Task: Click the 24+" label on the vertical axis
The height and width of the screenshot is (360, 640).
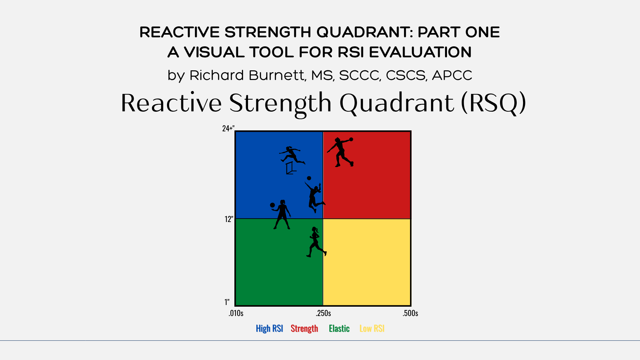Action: pos(228,128)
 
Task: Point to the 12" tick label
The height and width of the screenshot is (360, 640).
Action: pos(229,219)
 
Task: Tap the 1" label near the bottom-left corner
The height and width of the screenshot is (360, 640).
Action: pos(227,302)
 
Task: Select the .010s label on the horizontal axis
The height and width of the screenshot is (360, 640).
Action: pos(236,313)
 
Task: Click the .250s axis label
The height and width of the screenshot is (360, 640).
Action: pos(323,313)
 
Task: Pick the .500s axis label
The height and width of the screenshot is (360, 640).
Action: pos(410,313)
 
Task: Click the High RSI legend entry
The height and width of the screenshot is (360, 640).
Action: pos(269,328)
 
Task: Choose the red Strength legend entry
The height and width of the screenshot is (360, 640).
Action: pos(304,328)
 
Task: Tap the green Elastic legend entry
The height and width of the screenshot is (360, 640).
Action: pos(339,328)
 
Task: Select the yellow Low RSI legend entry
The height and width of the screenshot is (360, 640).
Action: pos(372,328)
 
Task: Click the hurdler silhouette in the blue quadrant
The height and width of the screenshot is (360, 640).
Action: pos(292,155)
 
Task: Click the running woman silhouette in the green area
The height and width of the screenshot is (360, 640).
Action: pos(316,242)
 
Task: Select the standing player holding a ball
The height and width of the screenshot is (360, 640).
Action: pos(282,215)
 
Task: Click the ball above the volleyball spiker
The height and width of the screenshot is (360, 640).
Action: pos(309,178)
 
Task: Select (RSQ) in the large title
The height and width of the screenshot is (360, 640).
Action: pos(493,103)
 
